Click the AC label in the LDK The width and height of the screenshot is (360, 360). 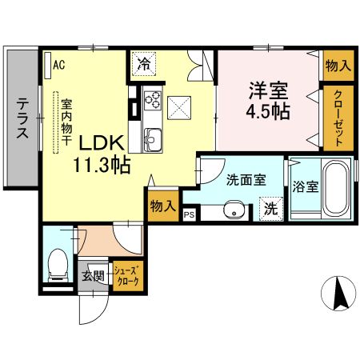point(59,66)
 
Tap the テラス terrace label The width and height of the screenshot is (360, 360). point(22,118)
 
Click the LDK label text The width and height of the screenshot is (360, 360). point(100,143)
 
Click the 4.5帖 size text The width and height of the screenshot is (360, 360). point(267,114)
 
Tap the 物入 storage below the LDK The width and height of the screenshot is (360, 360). point(162,206)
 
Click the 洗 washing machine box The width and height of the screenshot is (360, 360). point(271,210)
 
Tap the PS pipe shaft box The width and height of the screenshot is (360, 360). point(190,214)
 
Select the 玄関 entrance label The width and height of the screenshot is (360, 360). point(93,277)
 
